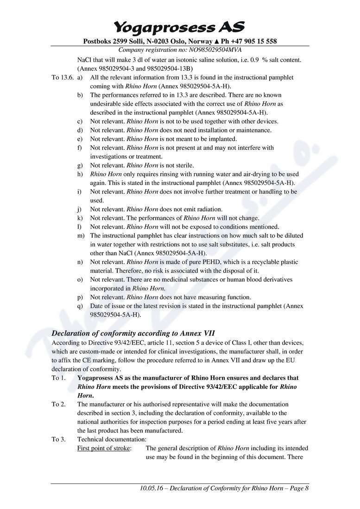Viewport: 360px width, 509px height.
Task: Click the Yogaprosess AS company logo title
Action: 180,26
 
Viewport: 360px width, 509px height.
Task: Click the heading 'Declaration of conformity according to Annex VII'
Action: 133,333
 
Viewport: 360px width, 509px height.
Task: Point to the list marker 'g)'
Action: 80,165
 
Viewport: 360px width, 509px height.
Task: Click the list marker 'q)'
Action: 80,306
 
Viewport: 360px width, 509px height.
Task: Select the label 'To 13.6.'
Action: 62,77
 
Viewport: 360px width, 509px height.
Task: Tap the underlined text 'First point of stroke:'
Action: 104,448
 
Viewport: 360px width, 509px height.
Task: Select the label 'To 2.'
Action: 59,404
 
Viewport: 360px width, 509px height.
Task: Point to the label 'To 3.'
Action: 59,439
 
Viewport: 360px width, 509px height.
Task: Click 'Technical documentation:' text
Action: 112,439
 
